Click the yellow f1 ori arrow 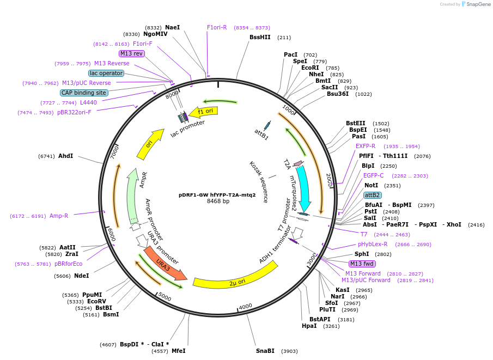click(209, 111)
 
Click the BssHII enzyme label click(260, 38)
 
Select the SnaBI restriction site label click(265, 351)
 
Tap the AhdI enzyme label click(65, 156)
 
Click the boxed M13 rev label click(131, 53)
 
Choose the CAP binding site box click(84, 93)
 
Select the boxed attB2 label click(373, 195)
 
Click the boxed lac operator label click(106, 73)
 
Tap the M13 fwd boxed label click(362, 264)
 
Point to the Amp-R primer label click(59, 216)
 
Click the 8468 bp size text click(218, 202)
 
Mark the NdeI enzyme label click(81, 276)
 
